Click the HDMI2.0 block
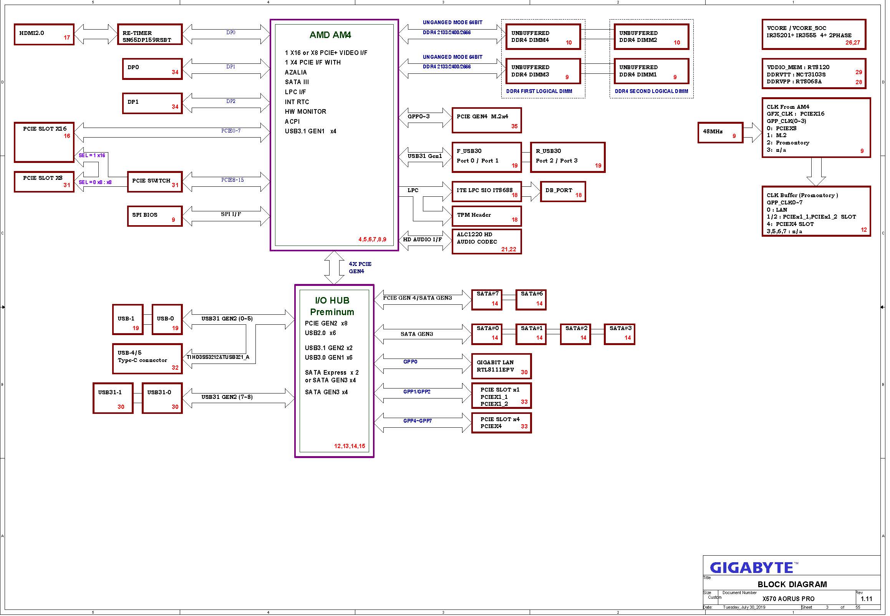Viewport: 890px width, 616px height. tap(44, 34)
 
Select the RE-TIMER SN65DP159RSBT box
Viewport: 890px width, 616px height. tap(150, 34)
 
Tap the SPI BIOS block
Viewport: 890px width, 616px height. tap(155, 216)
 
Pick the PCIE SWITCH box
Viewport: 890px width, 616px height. tap(155, 182)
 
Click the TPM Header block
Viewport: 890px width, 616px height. tap(486, 216)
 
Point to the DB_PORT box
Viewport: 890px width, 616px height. tap(563, 192)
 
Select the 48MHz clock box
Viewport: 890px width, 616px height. tap(720, 133)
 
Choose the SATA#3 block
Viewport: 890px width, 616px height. tap(619, 334)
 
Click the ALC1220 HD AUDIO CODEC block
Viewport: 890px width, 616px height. tap(486, 242)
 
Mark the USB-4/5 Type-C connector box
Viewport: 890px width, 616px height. tap(148, 359)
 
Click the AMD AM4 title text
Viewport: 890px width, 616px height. tap(330, 35)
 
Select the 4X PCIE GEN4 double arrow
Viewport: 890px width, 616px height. tap(334, 268)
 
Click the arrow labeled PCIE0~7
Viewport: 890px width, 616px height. tap(172, 133)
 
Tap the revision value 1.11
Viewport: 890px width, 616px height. tap(866, 599)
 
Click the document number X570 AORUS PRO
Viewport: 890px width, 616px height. tap(789, 599)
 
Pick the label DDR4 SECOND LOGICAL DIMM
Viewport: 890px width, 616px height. tap(651, 91)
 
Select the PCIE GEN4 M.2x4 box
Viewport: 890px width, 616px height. tap(486, 120)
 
